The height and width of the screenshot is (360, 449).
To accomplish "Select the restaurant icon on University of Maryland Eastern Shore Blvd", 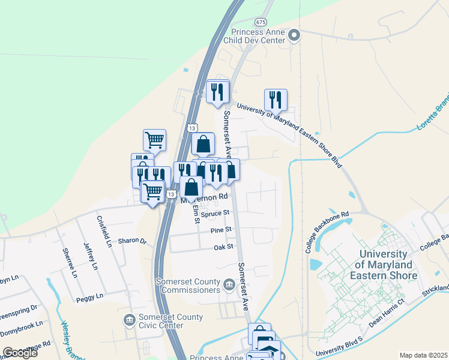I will (x=276, y=100).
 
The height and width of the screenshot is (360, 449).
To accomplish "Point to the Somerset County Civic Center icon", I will (x=129, y=320).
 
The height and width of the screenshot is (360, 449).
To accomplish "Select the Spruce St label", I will (x=216, y=213).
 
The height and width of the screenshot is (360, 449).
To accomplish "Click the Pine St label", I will (x=220, y=230).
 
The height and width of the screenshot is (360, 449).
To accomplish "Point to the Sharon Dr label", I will (x=132, y=241).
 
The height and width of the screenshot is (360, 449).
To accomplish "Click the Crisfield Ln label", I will (x=104, y=230).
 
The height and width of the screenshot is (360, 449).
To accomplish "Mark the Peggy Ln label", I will (x=89, y=296).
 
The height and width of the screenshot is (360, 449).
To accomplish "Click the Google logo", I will (x=20, y=353).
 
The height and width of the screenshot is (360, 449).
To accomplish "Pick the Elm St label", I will (x=196, y=214).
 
